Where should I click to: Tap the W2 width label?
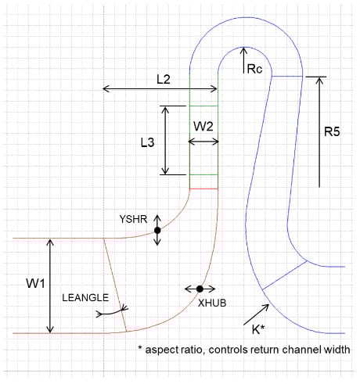[203, 125]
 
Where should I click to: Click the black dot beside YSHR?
[157, 230]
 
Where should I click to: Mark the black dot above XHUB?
[200, 289]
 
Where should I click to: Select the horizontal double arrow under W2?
[203, 141]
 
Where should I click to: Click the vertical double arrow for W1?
[51, 285]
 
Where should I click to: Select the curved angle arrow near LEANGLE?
[113, 312]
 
